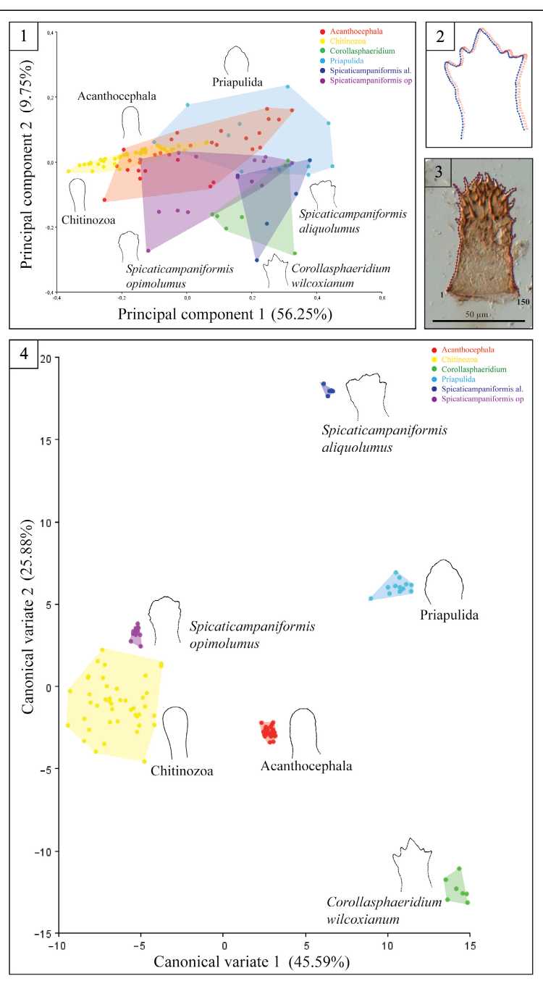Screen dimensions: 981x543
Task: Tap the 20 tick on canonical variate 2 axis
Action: click(46, 358)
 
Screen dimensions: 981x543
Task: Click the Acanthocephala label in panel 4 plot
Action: click(306, 766)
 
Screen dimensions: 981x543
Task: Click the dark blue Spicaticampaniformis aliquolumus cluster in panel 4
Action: click(328, 390)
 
